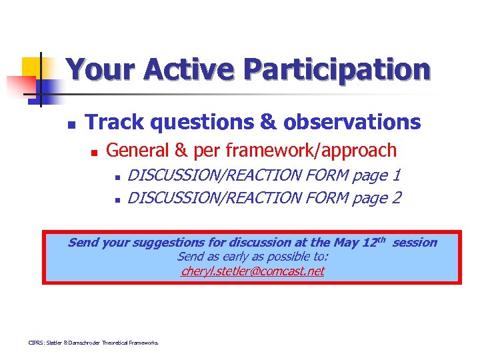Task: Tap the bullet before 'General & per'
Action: pyautogui.click(x=94, y=153)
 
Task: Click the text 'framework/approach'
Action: pyautogui.click(x=315, y=151)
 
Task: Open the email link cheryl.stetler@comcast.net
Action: pyautogui.click(x=253, y=271)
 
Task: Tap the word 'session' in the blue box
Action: pyautogui.click(x=415, y=243)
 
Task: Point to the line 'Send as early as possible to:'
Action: pyautogui.click(x=253, y=257)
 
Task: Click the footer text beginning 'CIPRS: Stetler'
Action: pyautogui.click(x=93, y=343)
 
